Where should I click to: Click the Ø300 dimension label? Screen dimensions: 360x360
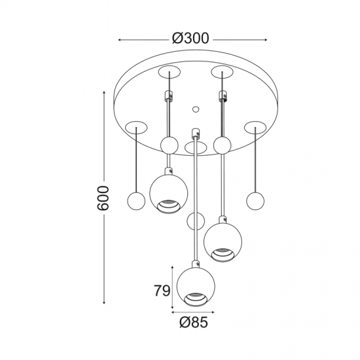tap(190, 38)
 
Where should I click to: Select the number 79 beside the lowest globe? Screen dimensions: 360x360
tap(162, 291)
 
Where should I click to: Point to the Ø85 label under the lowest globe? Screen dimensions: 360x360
tap(194, 322)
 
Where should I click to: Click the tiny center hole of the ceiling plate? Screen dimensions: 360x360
tap(196, 109)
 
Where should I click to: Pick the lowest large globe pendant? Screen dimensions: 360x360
tap(196, 287)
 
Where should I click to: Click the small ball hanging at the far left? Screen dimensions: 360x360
tap(136, 201)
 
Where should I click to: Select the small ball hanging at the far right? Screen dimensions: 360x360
tap(255, 201)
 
